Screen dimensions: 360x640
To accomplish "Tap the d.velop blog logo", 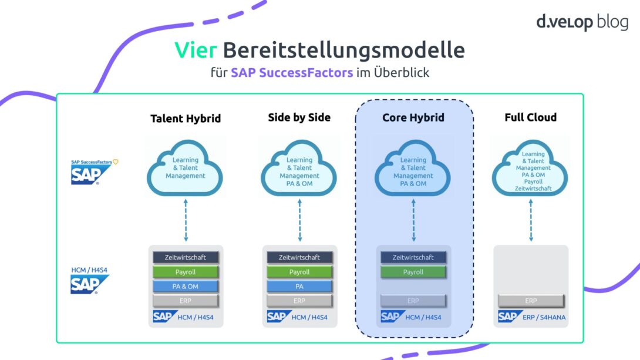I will [582, 23].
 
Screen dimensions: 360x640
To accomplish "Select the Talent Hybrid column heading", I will [186, 119].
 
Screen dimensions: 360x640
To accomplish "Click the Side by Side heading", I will [299, 117].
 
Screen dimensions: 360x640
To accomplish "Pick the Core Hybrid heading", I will [413, 117].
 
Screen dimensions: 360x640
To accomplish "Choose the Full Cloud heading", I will [530, 117].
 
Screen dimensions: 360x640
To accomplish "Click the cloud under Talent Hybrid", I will [186, 168].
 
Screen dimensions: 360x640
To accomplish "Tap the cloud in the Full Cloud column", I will [530, 171].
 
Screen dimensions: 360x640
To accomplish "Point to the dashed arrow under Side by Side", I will [299, 221].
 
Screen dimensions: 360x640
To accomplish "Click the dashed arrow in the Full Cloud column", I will [531, 221].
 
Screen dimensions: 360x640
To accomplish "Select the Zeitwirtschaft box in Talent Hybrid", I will [186, 257].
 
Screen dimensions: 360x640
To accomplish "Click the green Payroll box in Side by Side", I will [299, 272].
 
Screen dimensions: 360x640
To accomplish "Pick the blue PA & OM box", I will [186, 286].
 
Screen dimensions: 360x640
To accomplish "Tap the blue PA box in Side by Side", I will [299, 286].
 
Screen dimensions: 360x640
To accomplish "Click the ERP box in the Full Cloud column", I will [531, 301].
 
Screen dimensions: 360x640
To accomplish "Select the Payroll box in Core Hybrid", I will [413, 272].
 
